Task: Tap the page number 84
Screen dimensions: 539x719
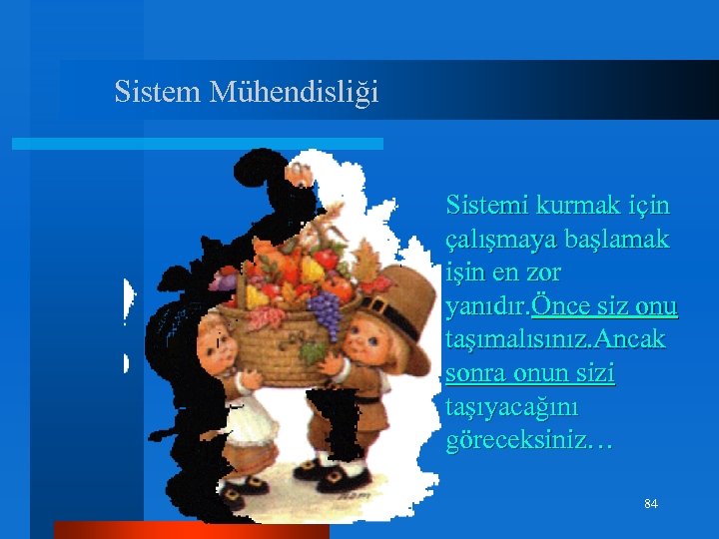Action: coord(651,504)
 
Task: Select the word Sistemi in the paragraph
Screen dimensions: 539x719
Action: coord(486,206)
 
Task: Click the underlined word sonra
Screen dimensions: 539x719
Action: coord(477,374)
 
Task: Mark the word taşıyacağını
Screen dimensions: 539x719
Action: coord(514,408)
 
